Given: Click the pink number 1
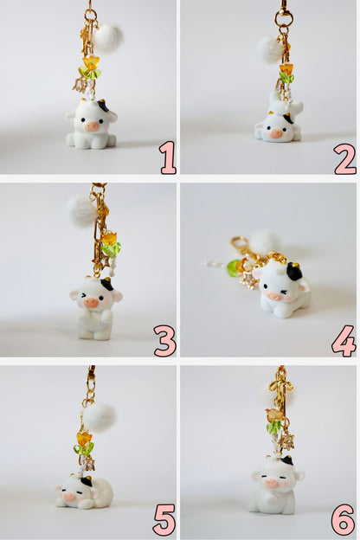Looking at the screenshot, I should [x=167, y=157].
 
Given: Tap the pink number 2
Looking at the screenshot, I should [x=344, y=157].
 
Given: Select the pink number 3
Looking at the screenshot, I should [x=165, y=340].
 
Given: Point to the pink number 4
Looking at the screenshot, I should [x=344, y=340].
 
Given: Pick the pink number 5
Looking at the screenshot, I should [x=164, y=519].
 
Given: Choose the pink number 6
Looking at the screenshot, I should [x=343, y=519].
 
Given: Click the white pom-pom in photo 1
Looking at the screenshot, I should [x=109, y=36].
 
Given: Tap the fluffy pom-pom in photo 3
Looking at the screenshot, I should [x=82, y=209].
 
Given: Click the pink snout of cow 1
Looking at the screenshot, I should [x=93, y=125].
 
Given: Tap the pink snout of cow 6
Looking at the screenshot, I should [x=274, y=483].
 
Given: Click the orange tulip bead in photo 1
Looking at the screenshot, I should [x=91, y=62].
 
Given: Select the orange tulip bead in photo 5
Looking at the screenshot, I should [x=84, y=438].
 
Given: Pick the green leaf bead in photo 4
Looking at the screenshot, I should [x=234, y=268].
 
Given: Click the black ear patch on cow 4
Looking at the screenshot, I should [x=294, y=272].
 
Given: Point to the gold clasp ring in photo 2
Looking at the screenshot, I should [x=283, y=16].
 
